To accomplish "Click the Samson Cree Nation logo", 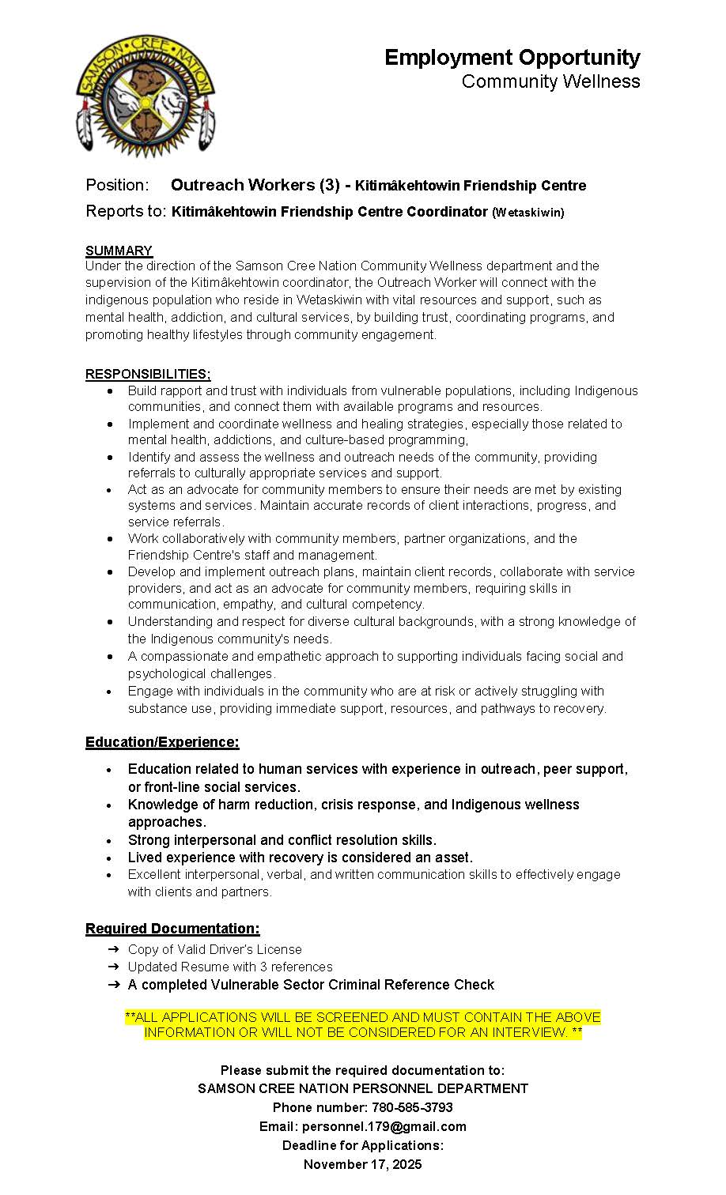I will point(146,96).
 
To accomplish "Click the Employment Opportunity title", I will point(512,58).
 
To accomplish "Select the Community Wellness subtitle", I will point(550,82).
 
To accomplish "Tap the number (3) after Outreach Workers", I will point(330,185).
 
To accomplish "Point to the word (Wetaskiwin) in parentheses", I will point(528,213).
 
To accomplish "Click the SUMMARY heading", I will point(119,251).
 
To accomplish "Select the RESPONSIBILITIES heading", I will point(148,374).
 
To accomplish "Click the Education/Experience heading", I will point(162,742).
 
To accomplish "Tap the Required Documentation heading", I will point(172,929).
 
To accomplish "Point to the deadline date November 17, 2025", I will point(363,1164).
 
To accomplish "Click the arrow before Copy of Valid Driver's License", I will point(113,948).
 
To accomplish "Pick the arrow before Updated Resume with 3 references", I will point(113,967).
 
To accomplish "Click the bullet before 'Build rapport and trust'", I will point(110,391).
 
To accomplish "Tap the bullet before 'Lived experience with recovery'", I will point(110,858).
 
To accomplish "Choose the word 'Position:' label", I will point(117,185).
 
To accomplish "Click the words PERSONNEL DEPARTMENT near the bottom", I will point(439,1088).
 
